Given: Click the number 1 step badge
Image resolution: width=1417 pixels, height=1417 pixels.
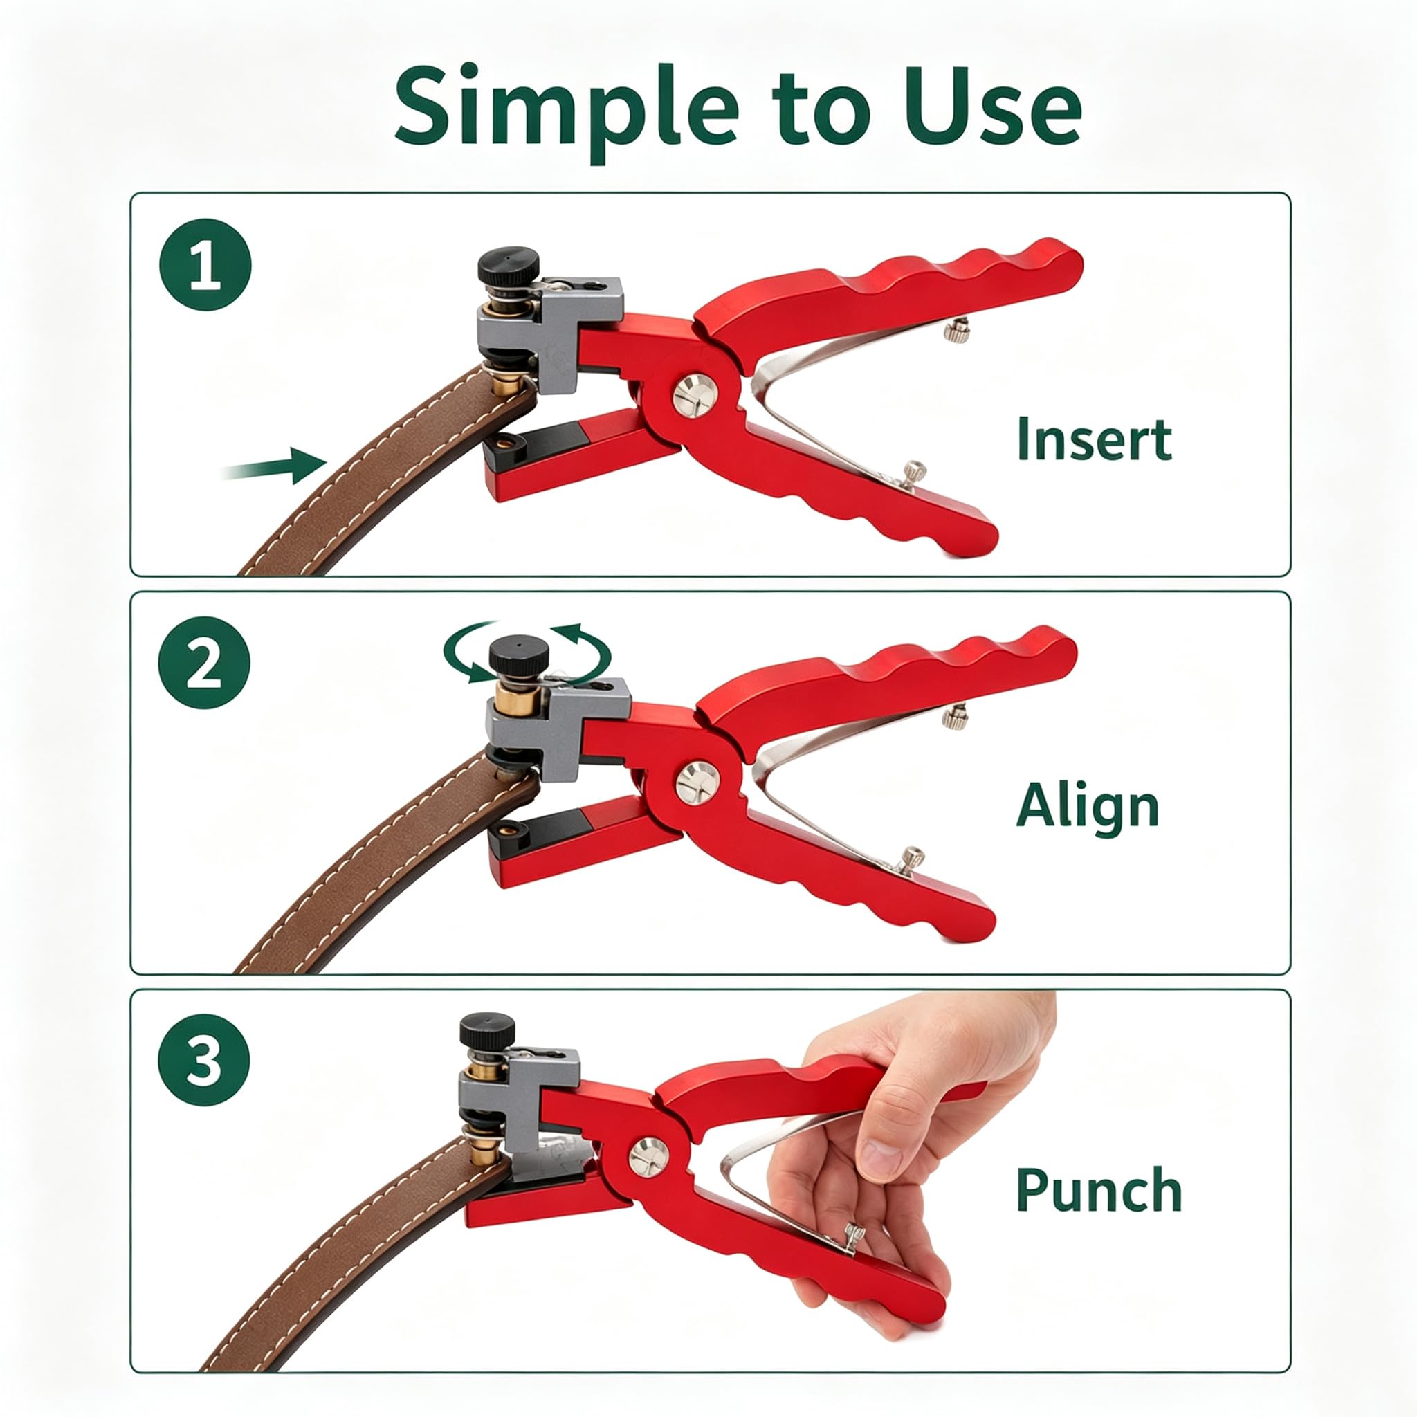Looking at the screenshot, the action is click(x=205, y=265).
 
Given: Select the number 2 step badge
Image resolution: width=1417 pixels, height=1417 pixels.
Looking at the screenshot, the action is click(x=204, y=662).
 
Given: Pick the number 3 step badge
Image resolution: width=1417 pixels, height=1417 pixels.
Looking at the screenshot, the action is click(x=204, y=1060).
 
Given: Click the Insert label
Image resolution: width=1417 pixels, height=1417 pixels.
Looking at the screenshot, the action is click(x=1095, y=439).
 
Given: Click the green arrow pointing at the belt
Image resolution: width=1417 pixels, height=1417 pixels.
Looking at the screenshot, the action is click(x=275, y=465).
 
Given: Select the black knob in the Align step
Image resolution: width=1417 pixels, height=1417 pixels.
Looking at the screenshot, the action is click(x=520, y=655).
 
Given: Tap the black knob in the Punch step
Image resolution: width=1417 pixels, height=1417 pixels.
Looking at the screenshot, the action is click(x=488, y=1030).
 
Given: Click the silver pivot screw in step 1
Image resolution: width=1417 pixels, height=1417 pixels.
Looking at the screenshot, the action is click(x=695, y=396).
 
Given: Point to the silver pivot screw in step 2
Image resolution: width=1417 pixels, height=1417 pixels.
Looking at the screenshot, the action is click(x=697, y=782).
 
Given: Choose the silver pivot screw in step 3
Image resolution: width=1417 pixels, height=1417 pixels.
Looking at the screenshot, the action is click(x=648, y=1157).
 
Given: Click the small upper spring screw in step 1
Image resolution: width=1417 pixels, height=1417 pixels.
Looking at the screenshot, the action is click(x=956, y=331).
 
